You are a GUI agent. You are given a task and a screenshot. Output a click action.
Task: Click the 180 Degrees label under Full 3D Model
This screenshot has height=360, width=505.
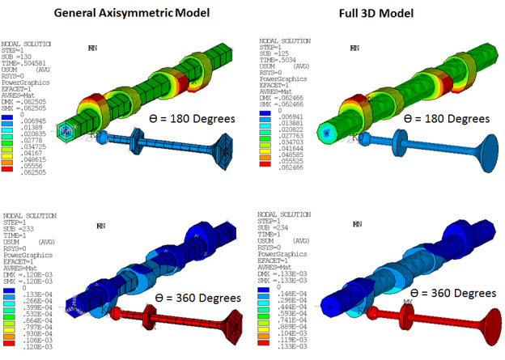pyautogui.click(x=445, y=118)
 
